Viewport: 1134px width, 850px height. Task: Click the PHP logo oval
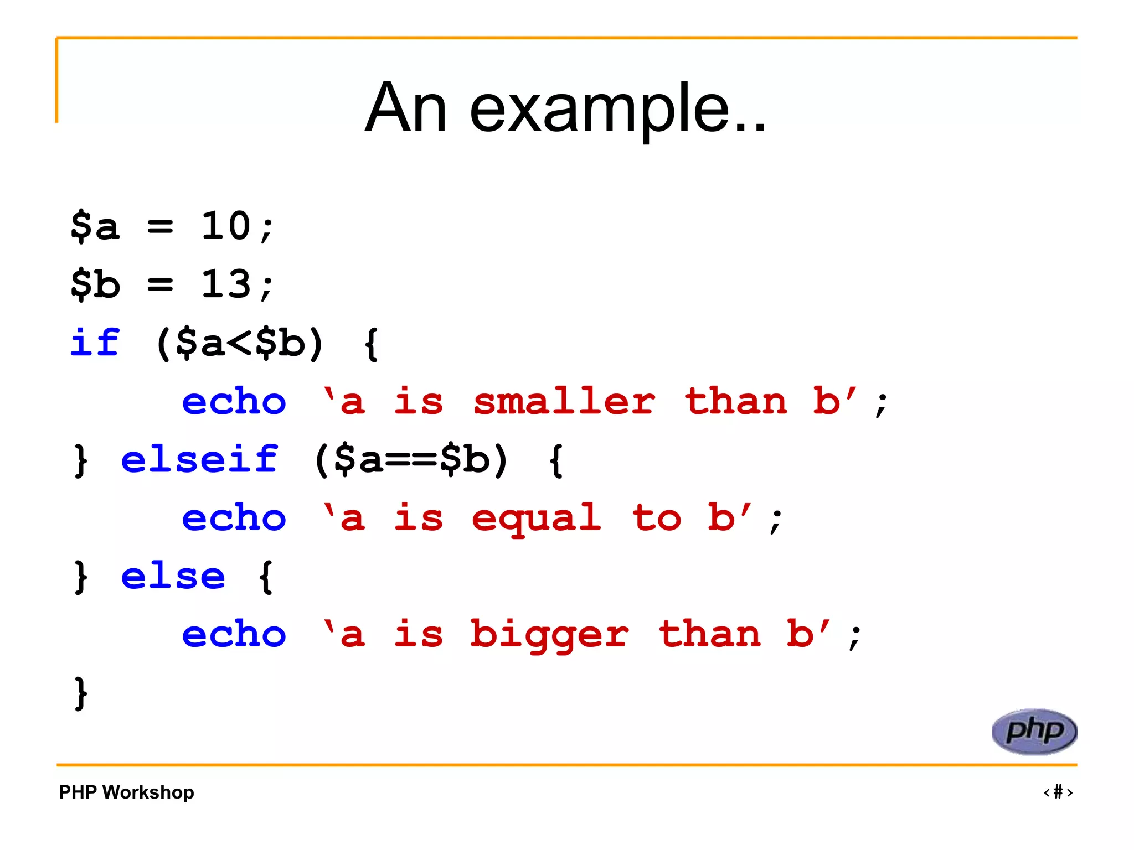tap(1034, 731)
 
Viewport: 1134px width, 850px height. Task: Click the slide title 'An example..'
tap(565, 107)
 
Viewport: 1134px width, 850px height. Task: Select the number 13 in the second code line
tap(226, 284)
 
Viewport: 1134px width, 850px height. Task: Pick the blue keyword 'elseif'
tap(199, 459)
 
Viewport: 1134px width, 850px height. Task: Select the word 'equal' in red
tap(536, 518)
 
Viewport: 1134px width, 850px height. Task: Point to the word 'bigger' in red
tap(549, 634)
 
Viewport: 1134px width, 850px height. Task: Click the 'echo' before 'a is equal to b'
tap(234, 518)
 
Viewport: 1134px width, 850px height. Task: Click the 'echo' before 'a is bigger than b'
tap(234, 634)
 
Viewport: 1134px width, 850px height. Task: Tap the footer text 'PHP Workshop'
tap(126, 792)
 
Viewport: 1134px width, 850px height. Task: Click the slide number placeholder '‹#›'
tap(1058, 792)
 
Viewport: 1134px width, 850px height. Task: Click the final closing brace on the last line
tap(81, 693)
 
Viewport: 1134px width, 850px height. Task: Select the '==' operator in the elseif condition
tap(411, 460)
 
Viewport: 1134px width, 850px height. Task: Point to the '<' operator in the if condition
tap(239, 343)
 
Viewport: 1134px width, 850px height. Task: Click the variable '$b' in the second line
tap(95, 284)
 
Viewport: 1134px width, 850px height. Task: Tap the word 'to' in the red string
tap(656, 518)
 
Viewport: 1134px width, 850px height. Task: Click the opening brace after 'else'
tap(266, 577)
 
